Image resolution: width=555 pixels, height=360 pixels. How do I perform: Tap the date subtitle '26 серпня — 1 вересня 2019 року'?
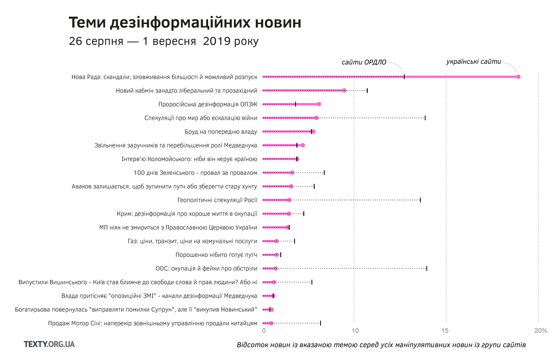coord(164,41)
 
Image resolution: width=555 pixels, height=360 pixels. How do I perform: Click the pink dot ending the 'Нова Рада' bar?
coord(518,77)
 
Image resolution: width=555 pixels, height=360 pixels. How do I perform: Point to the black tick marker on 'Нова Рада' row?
coord(404,77)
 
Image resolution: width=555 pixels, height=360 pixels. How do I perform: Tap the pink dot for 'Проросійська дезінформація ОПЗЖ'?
coord(319,104)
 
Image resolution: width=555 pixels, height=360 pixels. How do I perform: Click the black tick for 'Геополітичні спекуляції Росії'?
coord(420,200)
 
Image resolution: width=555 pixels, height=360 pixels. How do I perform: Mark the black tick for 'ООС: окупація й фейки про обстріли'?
coord(426,268)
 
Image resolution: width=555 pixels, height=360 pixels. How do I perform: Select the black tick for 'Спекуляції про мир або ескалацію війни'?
coord(425,118)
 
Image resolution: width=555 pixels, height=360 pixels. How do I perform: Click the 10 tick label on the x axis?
coord(355,331)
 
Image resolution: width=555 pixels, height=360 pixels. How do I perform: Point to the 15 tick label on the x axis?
coord(445,331)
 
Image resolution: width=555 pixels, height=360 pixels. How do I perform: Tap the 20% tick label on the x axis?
coord(540,331)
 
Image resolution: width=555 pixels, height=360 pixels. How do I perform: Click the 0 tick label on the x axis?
coord(264,331)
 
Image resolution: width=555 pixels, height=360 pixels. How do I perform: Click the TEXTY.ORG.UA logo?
coord(49,344)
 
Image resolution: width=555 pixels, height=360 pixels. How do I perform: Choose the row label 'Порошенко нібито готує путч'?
coord(216,255)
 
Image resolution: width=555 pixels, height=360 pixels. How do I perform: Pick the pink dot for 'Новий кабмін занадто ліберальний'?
coord(345,91)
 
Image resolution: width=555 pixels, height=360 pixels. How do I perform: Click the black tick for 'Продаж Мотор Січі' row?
coord(321,323)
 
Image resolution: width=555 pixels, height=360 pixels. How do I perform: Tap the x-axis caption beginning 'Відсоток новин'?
coord(381,345)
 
